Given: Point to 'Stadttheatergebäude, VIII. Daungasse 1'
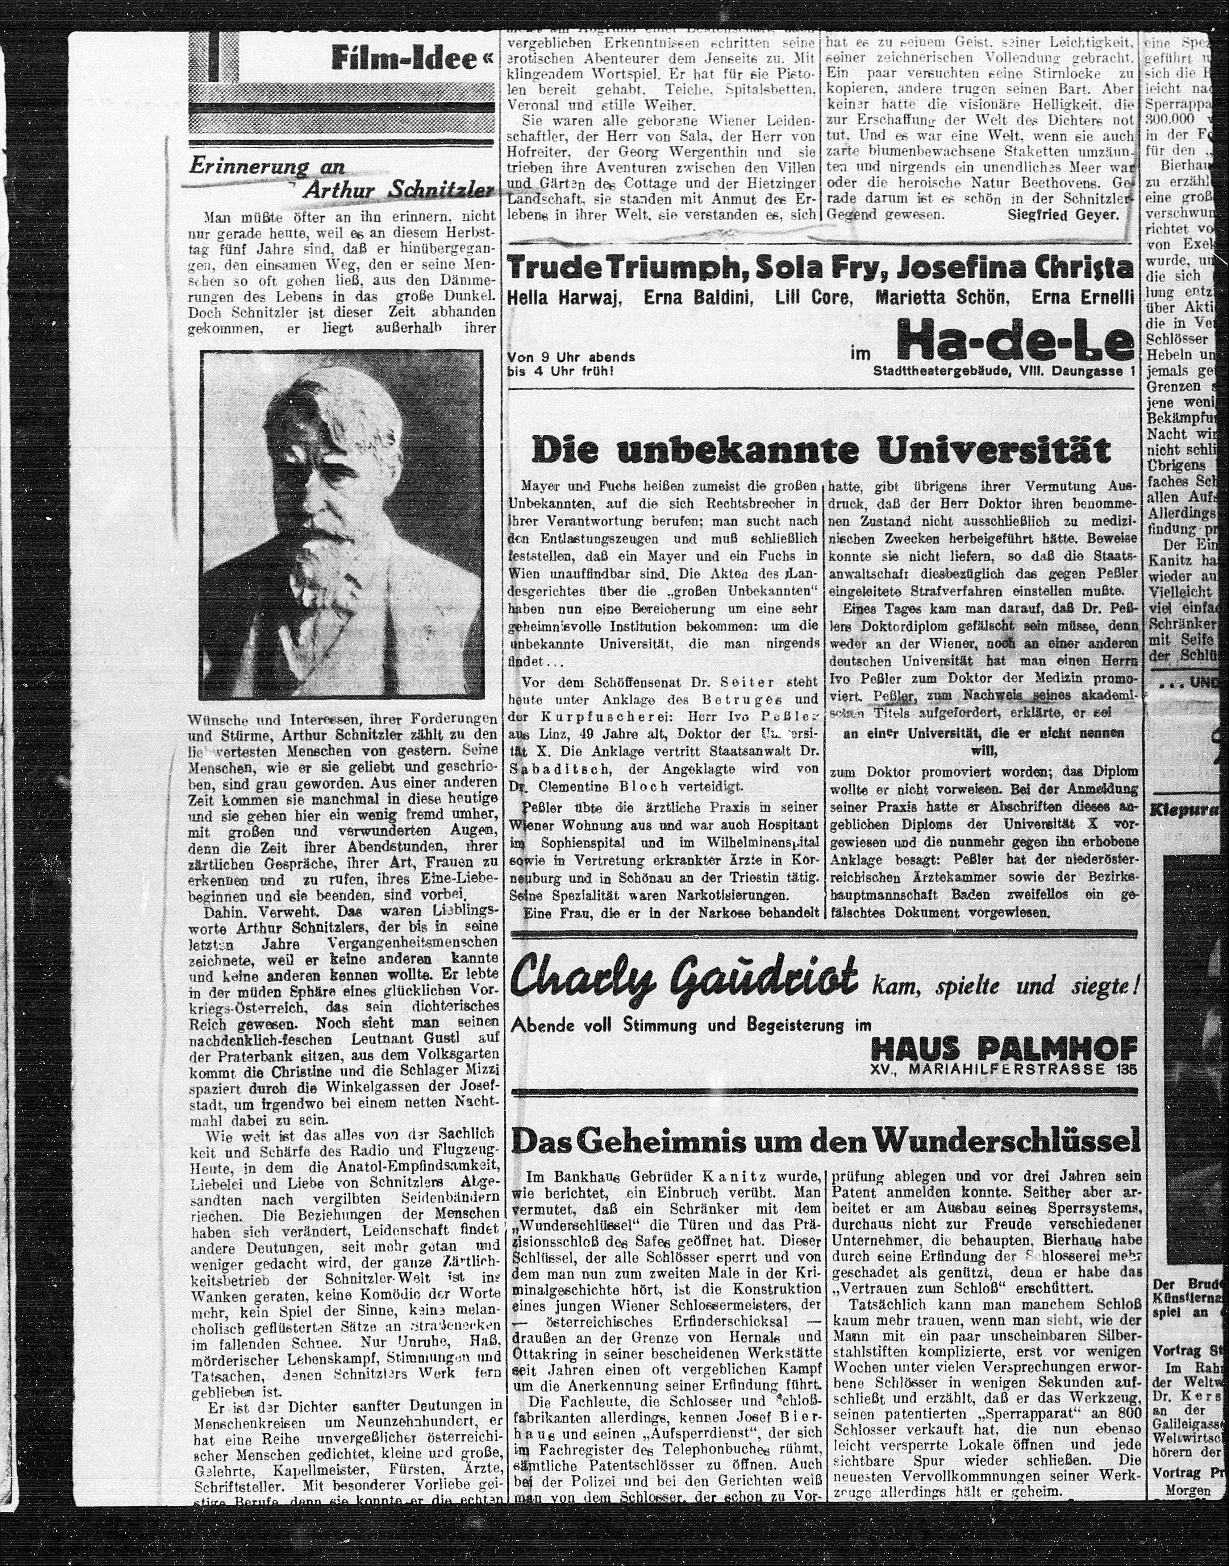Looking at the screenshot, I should click(1004, 372).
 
